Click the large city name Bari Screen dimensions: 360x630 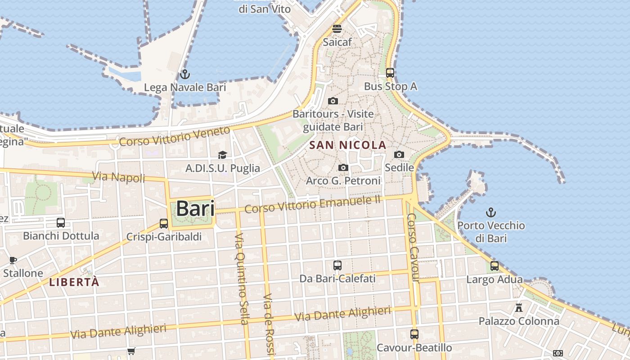pos(195,209)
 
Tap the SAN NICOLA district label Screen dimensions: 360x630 pos(348,145)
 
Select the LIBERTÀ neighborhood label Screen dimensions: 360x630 pos(74,283)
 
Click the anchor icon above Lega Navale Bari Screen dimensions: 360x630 pos(184,74)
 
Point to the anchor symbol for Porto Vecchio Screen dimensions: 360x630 pos(491,212)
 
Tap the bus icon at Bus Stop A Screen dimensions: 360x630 pos(390,72)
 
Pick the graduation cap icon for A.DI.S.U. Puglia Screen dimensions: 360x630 pos(222,155)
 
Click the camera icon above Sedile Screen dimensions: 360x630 pos(399,154)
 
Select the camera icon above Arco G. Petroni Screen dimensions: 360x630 pos(343,167)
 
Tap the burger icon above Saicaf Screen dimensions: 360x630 pos(337,29)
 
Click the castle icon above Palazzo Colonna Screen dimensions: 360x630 pos(519,308)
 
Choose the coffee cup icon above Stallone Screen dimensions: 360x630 pos(13,260)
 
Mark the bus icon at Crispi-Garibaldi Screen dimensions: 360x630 pos(164,223)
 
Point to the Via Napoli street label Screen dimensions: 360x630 pos(119,177)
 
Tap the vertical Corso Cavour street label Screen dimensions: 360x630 pos(413,247)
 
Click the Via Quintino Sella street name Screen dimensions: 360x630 pos(242,279)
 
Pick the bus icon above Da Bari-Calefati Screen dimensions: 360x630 pos(337,265)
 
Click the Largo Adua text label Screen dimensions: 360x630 pos(495,279)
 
